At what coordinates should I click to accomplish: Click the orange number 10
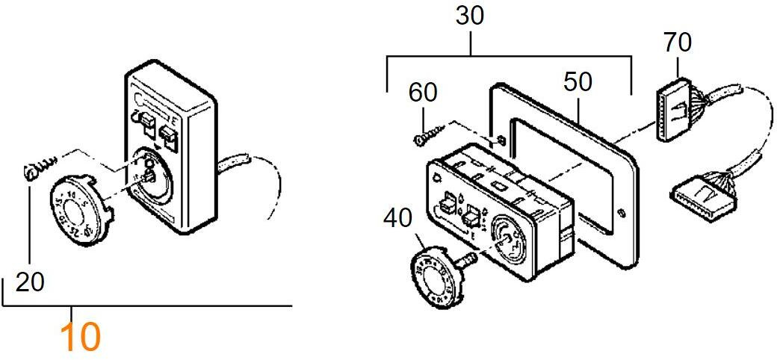click(x=80, y=337)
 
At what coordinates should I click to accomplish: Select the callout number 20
click(x=30, y=282)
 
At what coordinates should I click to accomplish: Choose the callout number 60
click(x=423, y=93)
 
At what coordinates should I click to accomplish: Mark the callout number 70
click(x=677, y=43)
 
